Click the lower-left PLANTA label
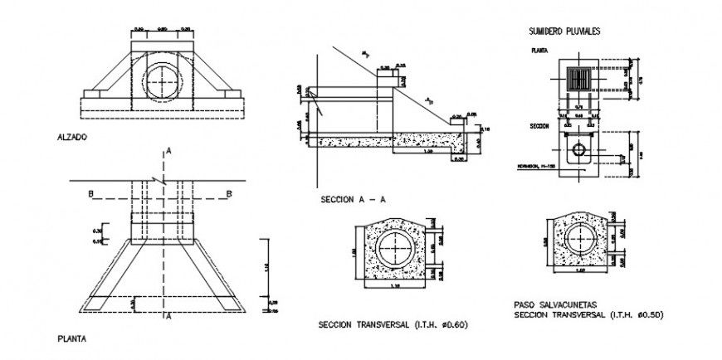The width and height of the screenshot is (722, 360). click(71, 338)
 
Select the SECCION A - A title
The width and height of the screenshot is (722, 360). click(353, 200)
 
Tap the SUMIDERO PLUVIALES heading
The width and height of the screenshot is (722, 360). click(564, 32)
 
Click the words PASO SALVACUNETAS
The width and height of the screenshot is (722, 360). click(549, 304)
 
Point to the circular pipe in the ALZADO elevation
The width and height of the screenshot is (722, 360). click(163, 81)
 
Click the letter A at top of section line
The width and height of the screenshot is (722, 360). click(168, 150)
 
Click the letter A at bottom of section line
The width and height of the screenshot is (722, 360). click(168, 316)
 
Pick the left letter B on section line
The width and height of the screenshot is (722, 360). click(90, 194)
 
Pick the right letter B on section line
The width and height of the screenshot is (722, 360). click(228, 194)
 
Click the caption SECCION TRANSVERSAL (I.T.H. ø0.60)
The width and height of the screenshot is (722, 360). click(393, 324)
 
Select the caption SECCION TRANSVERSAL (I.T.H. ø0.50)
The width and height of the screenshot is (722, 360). click(589, 315)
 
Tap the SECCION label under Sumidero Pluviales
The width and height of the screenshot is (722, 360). click(542, 127)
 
